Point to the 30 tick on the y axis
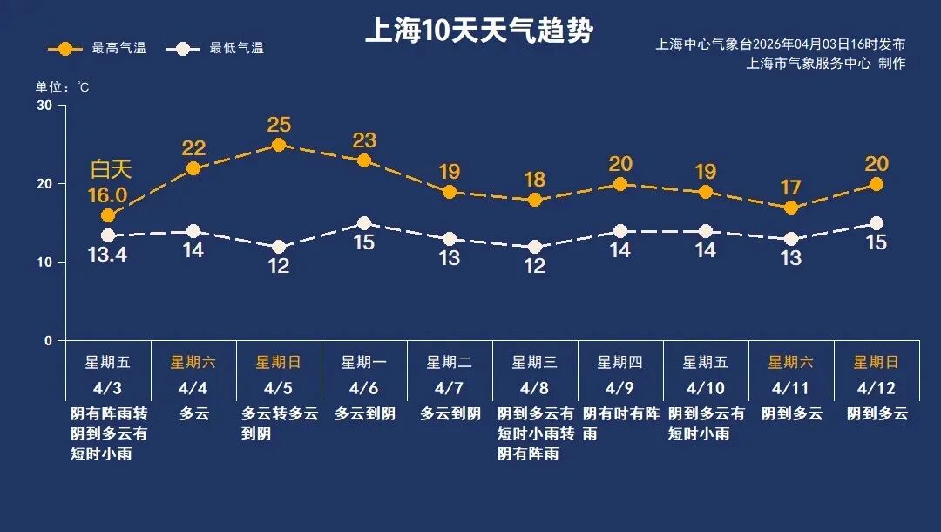44,106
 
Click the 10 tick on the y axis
44,262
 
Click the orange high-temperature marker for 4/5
279,145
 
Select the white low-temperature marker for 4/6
364,223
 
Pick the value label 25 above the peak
279,125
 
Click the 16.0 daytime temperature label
109,194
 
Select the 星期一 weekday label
363,362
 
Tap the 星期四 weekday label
619,362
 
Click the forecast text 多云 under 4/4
194,413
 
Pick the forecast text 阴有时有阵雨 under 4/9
619,423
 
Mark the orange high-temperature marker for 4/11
791,208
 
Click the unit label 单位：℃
63,87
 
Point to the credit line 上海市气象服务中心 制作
826,64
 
